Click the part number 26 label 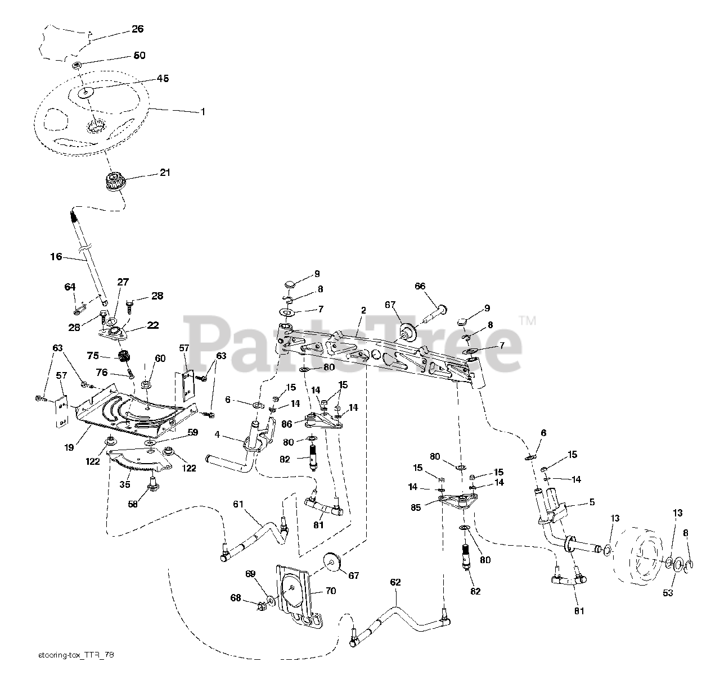pos(137,29)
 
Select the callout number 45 pos(147,78)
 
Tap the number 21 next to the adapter pos(165,173)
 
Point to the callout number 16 pos(56,257)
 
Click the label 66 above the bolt pos(420,286)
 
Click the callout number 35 pos(125,484)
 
